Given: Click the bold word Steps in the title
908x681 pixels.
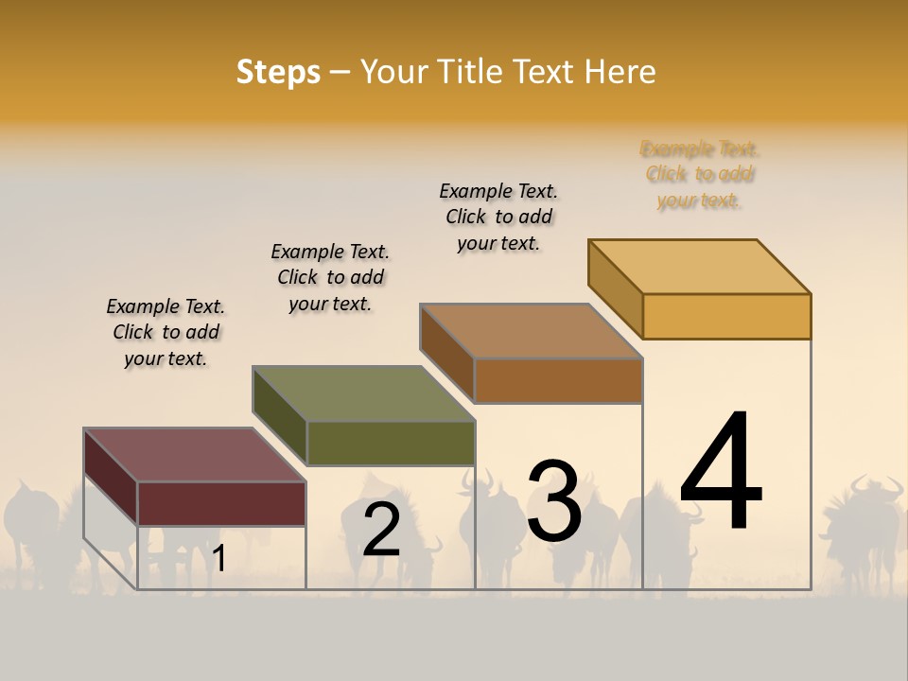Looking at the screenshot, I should click(x=278, y=72).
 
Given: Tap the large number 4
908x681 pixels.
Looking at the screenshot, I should click(x=721, y=473).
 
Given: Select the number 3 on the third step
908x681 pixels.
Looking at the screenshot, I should click(x=554, y=501).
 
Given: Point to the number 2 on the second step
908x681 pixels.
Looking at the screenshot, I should click(x=381, y=530).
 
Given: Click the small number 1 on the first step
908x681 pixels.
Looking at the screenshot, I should click(x=218, y=559).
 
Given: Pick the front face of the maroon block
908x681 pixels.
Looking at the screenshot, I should click(x=221, y=503).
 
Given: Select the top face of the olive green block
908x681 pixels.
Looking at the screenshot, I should click(x=363, y=393).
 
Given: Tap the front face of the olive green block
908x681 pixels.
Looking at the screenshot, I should click(x=391, y=443).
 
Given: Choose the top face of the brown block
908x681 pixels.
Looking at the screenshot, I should click(x=531, y=331).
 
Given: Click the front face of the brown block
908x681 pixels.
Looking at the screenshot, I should click(x=558, y=380).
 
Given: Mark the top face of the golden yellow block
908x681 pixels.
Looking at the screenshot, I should click(x=699, y=267).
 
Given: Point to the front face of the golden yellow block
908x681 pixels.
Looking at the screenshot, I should click(x=726, y=316).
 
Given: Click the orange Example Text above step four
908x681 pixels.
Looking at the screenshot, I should click(x=700, y=174).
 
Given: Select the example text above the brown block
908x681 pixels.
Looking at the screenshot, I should click(x=498, y=217).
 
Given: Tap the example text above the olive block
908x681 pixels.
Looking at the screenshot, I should click(x=330, y=277).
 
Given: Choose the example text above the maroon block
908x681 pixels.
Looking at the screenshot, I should click(x=166, y=332).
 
